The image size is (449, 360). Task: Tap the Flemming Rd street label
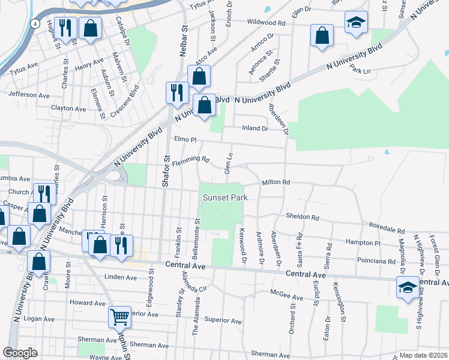pyautogui.click(x=190, y=161)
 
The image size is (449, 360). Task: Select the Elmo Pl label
pyautogui.click(x=185, y=139)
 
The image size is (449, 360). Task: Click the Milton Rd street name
pyautogui.click(x=276, y=182)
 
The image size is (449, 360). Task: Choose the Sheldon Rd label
pyautogui.click(x=302, y=217)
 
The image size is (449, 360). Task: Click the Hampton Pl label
pyautogui.click(x=363, y=243)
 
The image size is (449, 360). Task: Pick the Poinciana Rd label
pyautogui.click(x=375, y=262)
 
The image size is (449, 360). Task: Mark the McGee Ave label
pyautogui.click(x=286, y=296)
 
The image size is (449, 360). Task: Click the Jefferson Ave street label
pyautogui.click(x=29, y=95)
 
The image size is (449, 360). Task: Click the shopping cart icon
pyautogui.click(x=119, y=317)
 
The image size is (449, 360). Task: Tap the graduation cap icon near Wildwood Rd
pyautogui.click(x=356, y=23)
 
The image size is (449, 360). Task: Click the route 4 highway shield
pyautogui.click(x=36, y=23)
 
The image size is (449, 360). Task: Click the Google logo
pyautogui.click(x=20, y=353)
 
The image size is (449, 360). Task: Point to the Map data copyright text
pyautogui.click(x=423, y=355)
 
